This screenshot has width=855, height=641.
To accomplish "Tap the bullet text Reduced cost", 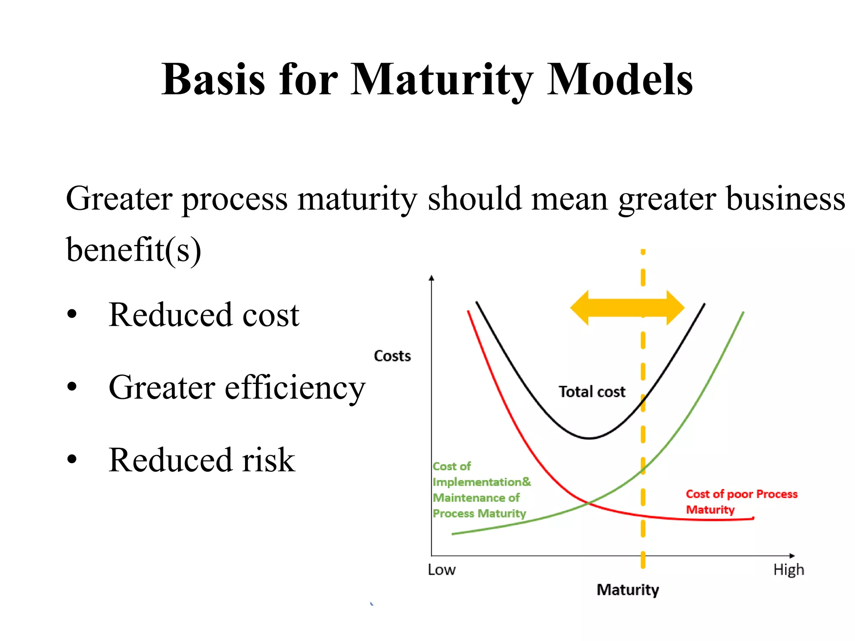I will tap(204, 315).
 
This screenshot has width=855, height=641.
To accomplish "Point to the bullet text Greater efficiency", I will tap(237, 387).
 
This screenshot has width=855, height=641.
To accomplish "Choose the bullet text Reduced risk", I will tap(202, 460).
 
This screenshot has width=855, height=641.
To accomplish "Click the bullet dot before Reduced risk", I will tap(72, 459).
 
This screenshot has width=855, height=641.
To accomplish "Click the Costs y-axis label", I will tap(392, 356).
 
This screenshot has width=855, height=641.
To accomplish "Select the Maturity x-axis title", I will tap(627, 590).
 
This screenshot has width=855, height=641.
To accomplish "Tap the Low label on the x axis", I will tap(441, 570).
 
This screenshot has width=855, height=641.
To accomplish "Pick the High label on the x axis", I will tap(788, 570).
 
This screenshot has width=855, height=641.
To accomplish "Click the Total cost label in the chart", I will tap(592, 392).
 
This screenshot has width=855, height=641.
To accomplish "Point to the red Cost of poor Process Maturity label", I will tap(741, 502).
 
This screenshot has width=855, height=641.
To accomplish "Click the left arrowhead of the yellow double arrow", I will tap(579, 308).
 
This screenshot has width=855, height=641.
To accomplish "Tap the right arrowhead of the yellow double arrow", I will tap(675, 308).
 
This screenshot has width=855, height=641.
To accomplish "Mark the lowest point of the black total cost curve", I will tap(589, 438).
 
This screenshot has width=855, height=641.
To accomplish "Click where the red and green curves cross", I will tap(588, 503).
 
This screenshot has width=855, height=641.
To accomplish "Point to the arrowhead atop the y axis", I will tap(432, 278).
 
